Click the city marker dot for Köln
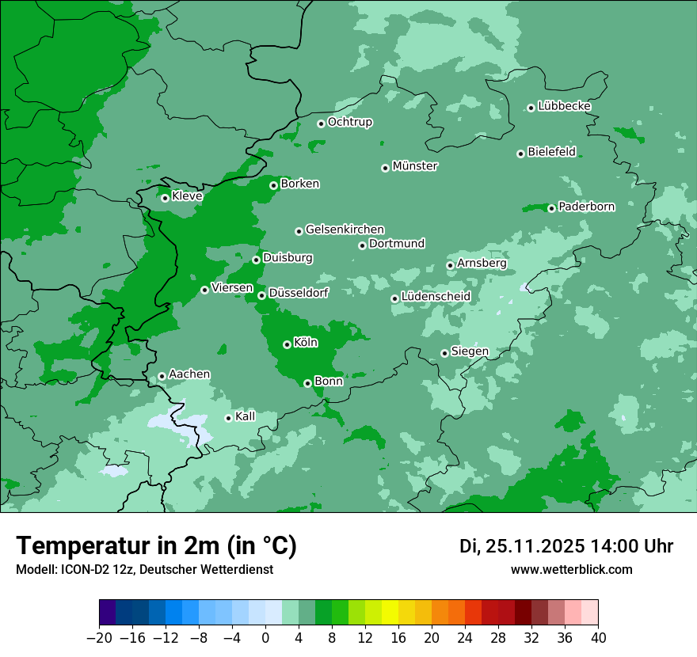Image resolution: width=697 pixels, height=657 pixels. [x=287, y=344]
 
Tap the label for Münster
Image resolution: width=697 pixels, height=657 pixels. [x=414, y=166]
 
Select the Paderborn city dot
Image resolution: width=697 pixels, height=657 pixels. [x=551, y=208]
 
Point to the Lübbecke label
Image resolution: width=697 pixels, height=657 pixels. [x=564, y=106]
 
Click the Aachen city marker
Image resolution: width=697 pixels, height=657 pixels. [x=162, y=376]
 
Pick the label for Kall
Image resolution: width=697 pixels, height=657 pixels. [x=245, y=416]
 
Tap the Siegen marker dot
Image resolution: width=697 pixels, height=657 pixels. [x=444, y=353]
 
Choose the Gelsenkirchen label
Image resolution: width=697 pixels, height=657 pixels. [x=345, y=230]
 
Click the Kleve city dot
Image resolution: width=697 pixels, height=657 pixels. [x=165, y=198]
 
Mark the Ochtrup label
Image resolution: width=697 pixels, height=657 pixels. [x=349, y=122]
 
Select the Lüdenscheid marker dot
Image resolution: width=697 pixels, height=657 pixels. [x=394, y=298]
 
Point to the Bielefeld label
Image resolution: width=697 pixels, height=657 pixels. [x=551, y=152]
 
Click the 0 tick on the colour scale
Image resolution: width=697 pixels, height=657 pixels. [x=265, y=638]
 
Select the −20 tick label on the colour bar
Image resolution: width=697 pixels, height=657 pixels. [x=99, y=638]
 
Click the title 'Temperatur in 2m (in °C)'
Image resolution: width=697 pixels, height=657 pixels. [x=156, y=545]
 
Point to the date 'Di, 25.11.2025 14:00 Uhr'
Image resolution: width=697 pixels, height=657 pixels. [x=566, y=546]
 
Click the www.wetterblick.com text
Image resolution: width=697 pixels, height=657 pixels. [x=571, y=569]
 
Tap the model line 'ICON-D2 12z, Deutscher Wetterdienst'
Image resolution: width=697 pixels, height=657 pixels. [x=144, y=569]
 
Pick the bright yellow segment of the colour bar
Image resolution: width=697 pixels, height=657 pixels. [x=390, y=613]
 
